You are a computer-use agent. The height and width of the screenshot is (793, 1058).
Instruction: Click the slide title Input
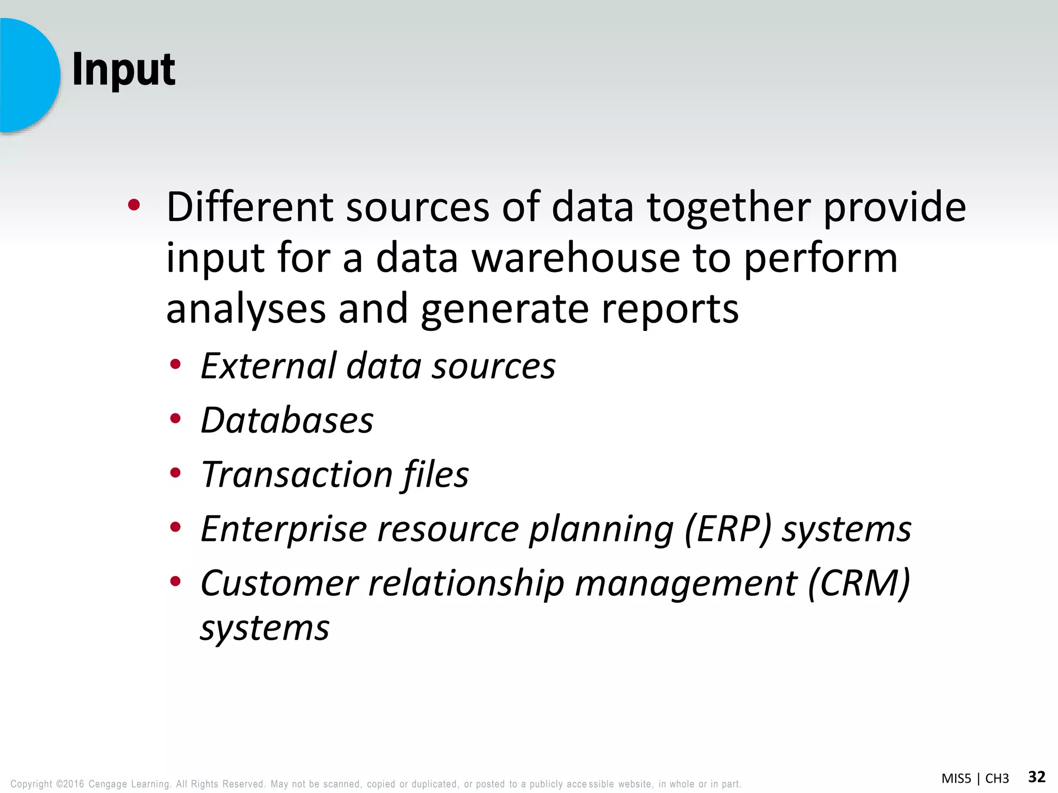coord(123,70)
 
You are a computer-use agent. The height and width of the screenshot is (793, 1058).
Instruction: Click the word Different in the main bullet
coord(250,208)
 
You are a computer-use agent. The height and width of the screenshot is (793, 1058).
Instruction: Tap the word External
coord(269,366)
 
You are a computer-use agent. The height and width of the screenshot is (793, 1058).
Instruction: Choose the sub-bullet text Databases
coord(287,420)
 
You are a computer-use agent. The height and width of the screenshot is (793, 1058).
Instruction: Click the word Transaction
coord(297,474)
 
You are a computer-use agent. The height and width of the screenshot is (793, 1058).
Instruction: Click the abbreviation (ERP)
coord(728,529)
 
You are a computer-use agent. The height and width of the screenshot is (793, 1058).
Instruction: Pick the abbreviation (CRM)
coord(858,583)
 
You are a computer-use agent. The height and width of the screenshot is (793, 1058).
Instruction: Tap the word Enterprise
coord(284,529)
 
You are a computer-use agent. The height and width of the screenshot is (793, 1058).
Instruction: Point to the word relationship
coord(466,583)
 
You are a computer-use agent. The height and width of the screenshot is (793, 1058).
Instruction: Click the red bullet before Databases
coord(176,419)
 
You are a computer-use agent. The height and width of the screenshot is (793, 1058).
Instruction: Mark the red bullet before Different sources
coord(134,205)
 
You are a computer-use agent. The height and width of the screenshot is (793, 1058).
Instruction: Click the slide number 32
coord(1036,776)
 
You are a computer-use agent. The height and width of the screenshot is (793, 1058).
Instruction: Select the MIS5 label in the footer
coord(956,779)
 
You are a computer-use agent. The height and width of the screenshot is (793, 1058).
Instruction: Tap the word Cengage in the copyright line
coord(107,784)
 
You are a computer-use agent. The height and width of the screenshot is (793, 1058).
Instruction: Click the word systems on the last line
coord(265,628)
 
